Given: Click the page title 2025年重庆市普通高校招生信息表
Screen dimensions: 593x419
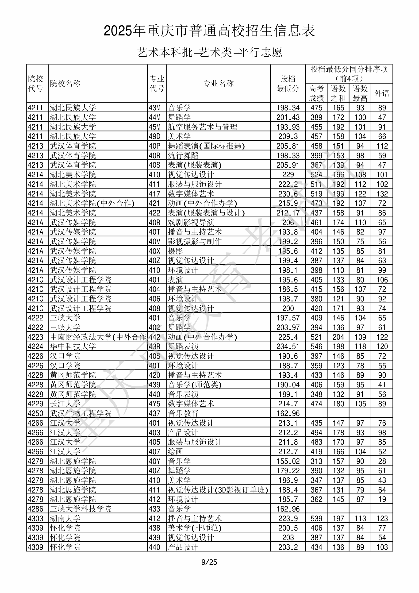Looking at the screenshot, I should click(x=209, y=31).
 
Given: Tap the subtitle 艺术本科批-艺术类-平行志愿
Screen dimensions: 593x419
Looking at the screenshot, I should click(x=209, y=52).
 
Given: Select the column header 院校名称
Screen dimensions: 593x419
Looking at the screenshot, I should click(x=65, y=83).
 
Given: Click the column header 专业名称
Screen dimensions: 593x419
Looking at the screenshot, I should click(x=218, y=83).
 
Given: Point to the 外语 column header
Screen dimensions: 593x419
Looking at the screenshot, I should click(x=382, y=93).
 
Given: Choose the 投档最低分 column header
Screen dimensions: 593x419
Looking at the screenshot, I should click(x=288, y=83).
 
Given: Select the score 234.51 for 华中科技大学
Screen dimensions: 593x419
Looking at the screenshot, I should click(x=288, y=347).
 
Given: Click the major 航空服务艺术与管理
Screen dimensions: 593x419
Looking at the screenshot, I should click(x=203, y=127).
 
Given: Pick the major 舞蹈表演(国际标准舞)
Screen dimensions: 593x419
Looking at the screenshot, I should click(x=206, y=146).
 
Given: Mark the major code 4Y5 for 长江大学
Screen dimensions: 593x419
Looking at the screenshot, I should click(x=154, y=404).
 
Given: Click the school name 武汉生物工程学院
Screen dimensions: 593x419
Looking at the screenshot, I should click(x=81, y=413).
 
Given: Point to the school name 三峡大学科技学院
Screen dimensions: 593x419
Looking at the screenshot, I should click(x=81, y=509).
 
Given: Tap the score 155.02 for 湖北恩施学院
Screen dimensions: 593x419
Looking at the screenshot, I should click(x=288, y=461).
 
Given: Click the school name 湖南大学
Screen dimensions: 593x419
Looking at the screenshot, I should click(x=65, y=518).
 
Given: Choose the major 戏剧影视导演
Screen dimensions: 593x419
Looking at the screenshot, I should click(x=191, y=222).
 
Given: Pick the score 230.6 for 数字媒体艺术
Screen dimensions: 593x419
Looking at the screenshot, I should click(x=288, y=194).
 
